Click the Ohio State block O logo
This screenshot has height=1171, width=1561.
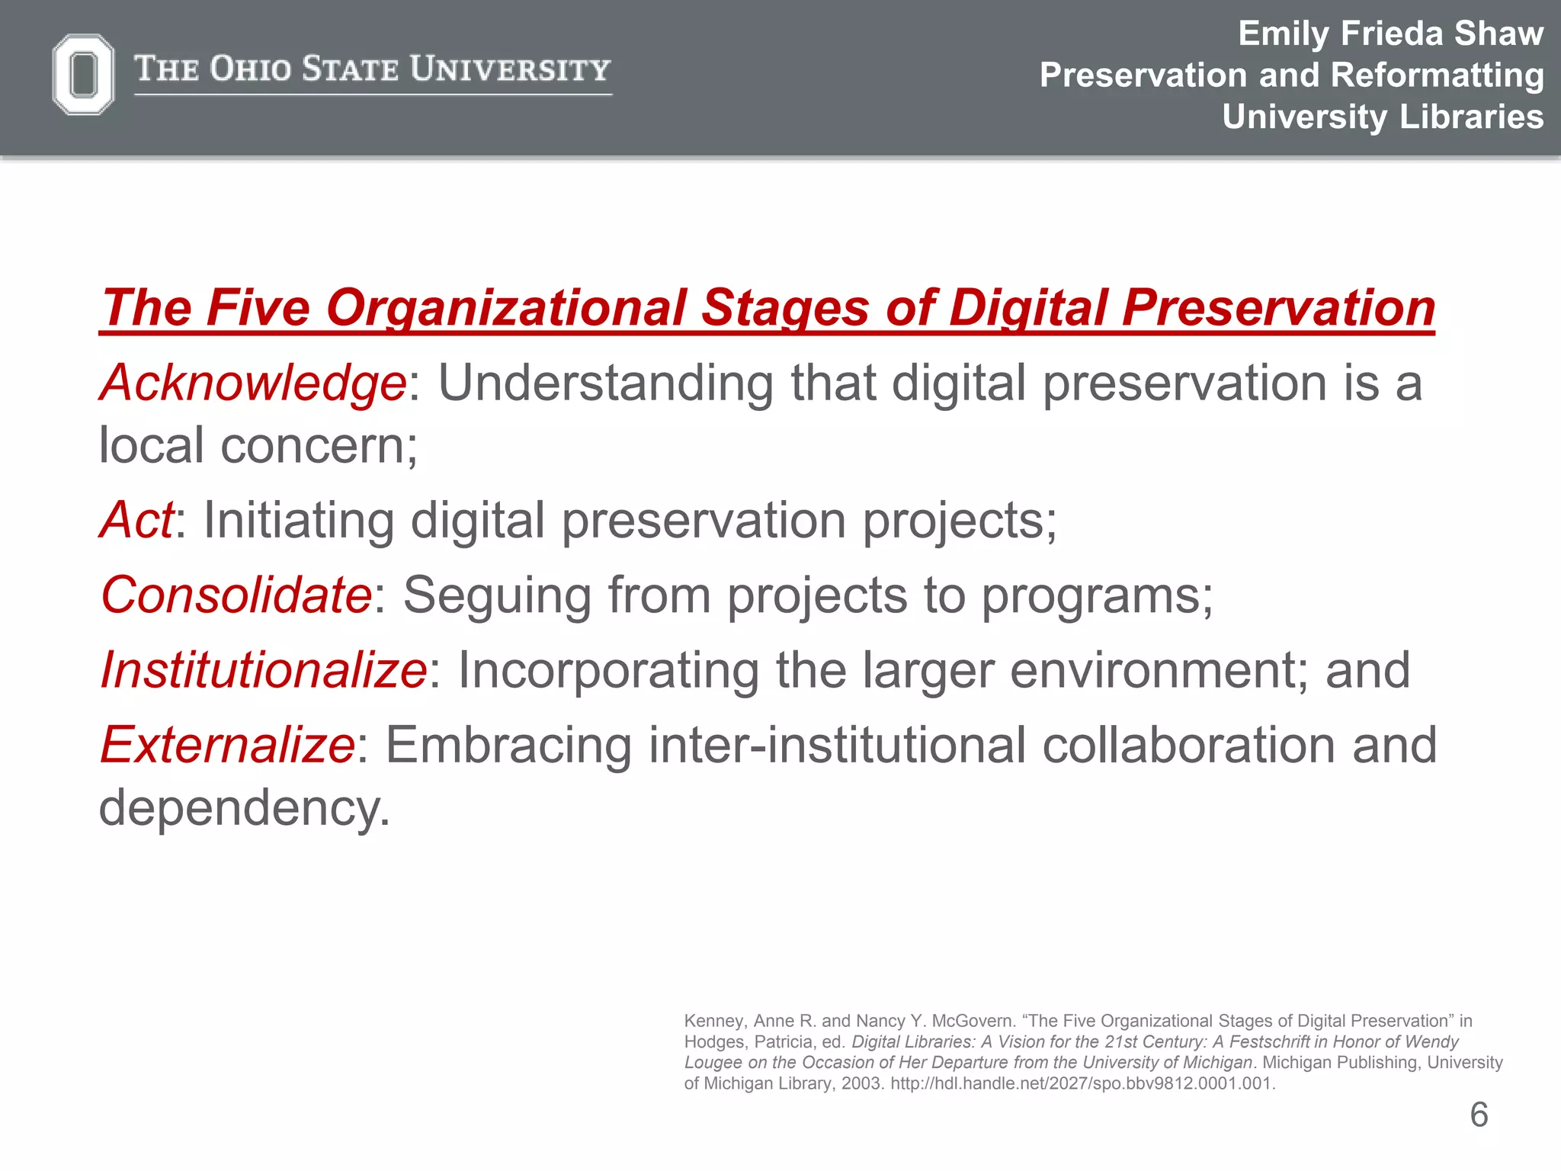(x=83, y=74)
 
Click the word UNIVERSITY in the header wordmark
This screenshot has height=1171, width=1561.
(x=510, y=69)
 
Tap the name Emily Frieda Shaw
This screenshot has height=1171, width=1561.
(x=1390, y=34)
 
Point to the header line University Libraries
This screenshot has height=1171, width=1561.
(x=1383, y=117)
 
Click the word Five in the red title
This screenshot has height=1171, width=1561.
(x=258, y=308)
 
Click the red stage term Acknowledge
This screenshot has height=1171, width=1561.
(x=253, y=382)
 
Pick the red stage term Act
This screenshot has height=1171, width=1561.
(x=136, y=520)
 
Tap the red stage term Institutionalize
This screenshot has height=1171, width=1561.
(x=264, y=670)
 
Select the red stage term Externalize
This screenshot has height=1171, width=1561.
(x=227, y=745)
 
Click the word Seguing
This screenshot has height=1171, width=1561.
(x=497, y=595)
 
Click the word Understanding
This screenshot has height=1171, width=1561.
(x=605, y=382)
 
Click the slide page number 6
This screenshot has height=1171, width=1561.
(x=1479, y=1115)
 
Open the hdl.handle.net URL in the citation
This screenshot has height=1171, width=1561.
(x=1082, y=1083)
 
